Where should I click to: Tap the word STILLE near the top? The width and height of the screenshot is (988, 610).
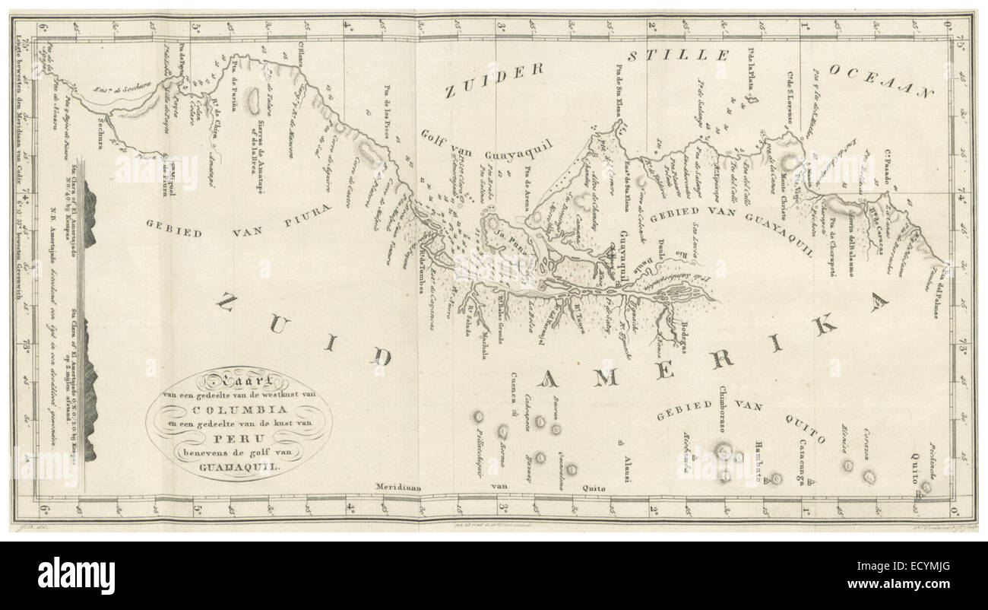(679, 57)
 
